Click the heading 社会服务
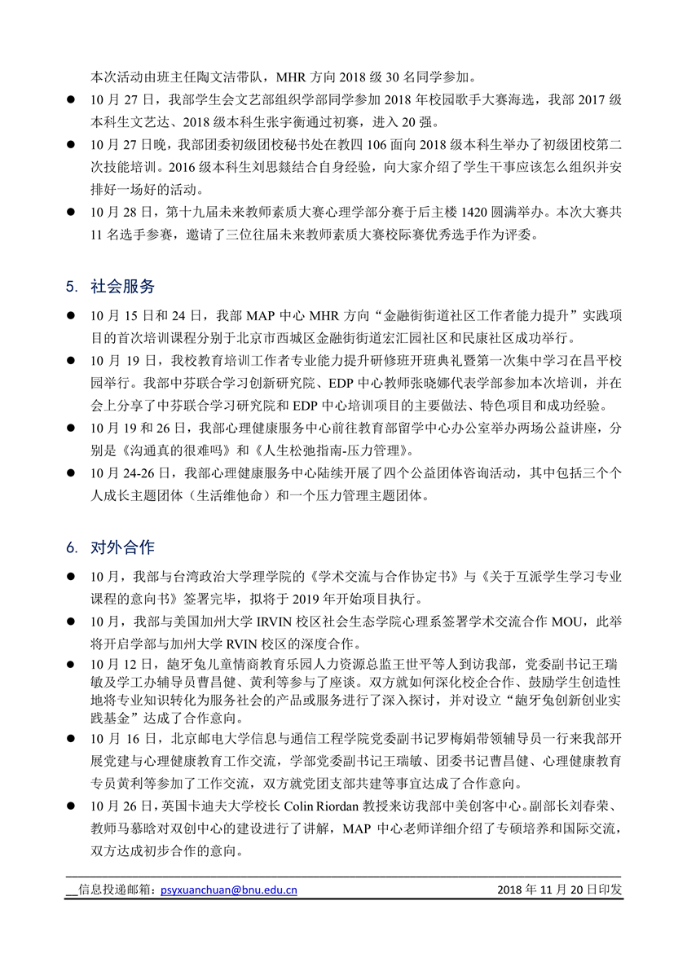[x=122, y=286]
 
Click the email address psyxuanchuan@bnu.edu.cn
[x=229, y=890]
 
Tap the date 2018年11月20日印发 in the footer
[x=559, y=890]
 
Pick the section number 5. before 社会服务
[x=72, y=287]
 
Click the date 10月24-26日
[x=133, y=472]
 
